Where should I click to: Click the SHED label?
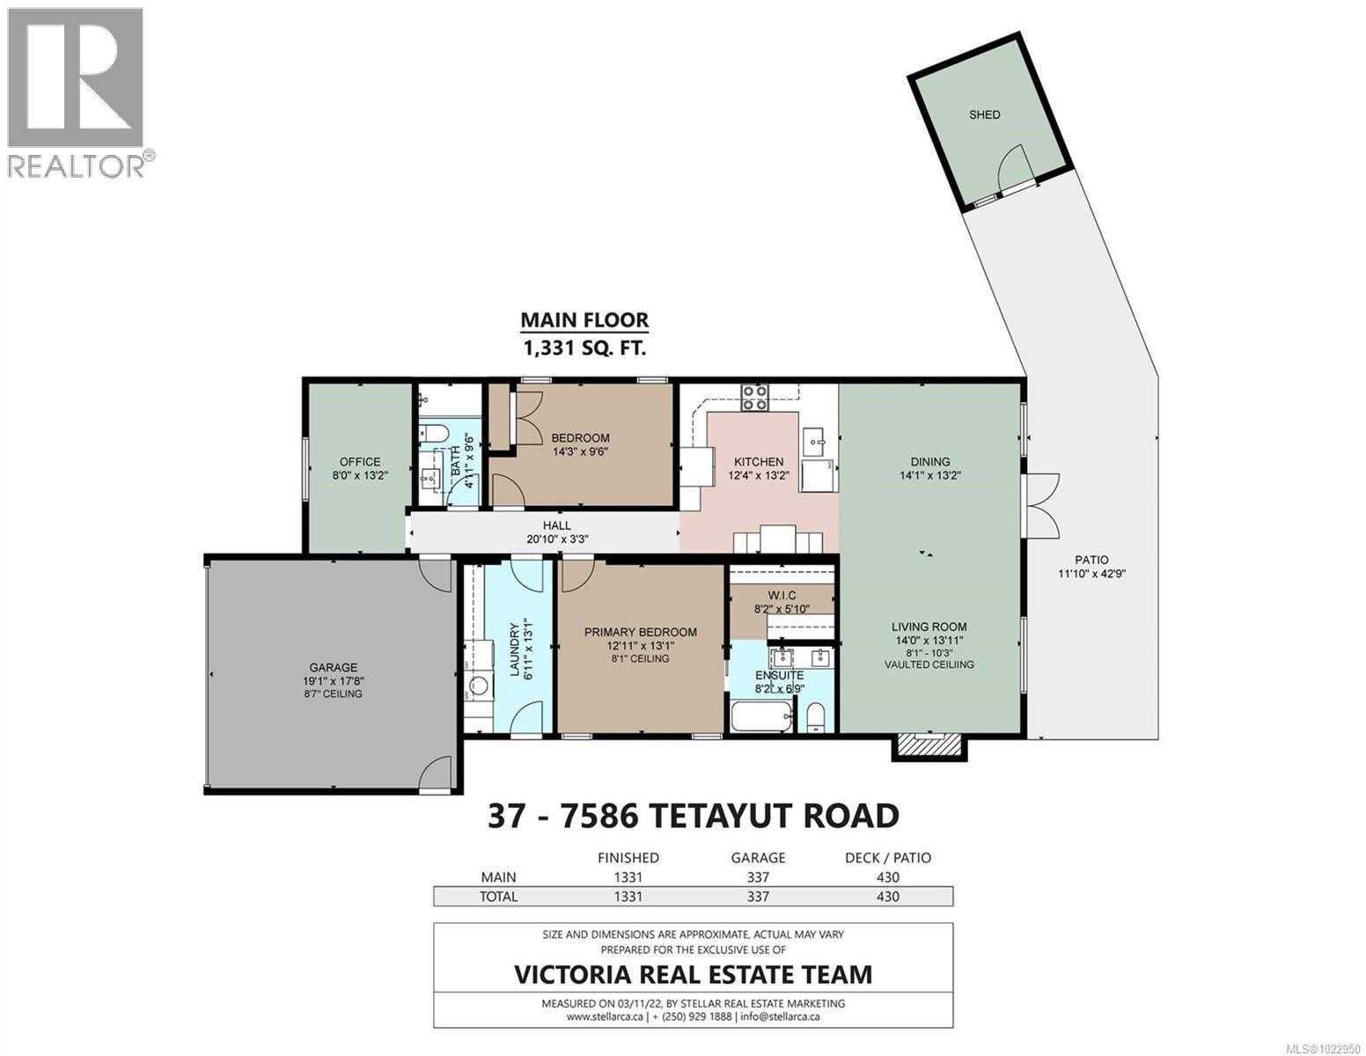coord(984,114)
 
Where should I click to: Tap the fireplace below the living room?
coord(929,746)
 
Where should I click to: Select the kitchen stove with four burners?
coord(754,398)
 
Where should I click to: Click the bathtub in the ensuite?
coord(761,715)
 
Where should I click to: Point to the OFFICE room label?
coord(360,461)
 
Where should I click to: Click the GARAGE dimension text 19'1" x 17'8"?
coord(334,680)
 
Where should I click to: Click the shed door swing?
coord(1012,165)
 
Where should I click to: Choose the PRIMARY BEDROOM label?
coord(641,632)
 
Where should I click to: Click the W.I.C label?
coord(782,595)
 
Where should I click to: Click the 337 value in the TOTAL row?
coord(757,897)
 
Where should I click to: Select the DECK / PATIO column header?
coord(887,857)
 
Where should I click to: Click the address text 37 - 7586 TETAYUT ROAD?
coord(693,816)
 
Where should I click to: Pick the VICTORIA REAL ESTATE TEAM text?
coord(693,974)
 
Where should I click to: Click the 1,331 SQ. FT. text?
coord(584,348)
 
